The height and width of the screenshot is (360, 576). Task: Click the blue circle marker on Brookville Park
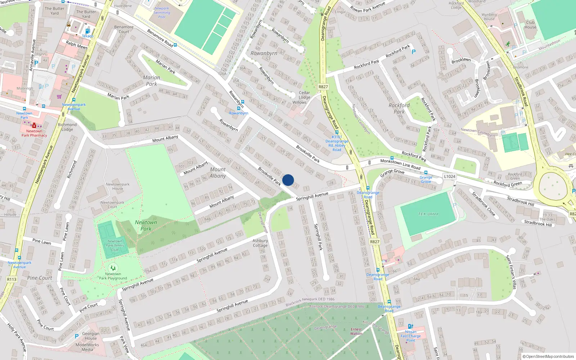click(288, 180)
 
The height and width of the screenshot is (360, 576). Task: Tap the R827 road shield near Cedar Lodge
click(323, 87)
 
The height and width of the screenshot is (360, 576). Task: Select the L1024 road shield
click(449, 176)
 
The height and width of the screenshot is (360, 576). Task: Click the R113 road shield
click(12, 279)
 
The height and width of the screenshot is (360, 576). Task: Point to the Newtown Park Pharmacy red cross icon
click(34, 126)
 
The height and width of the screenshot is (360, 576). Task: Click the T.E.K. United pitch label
click(428, 214)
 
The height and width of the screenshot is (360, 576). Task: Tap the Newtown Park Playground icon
click(113, 267)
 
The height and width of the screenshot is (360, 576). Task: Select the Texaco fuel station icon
click(87, 31)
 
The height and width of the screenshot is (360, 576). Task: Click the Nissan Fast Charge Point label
click(411, 336)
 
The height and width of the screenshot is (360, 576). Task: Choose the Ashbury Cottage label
click(260, 243)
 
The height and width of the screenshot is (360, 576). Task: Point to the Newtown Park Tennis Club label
click(115, 246)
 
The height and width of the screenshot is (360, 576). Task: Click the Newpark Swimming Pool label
click(162, 13)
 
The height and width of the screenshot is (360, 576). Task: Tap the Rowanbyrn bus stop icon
click(238, 108)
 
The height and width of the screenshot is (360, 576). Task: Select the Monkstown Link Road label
click(400, 164)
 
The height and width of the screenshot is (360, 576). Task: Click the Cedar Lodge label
click(304, 95)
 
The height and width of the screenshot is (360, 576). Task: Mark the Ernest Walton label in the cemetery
click(356, 331)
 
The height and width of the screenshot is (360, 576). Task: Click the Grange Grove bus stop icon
click(426, 173)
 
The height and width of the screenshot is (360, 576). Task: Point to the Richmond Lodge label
click(67, 127)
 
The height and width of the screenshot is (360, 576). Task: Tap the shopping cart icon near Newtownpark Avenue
click(59, 96)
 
